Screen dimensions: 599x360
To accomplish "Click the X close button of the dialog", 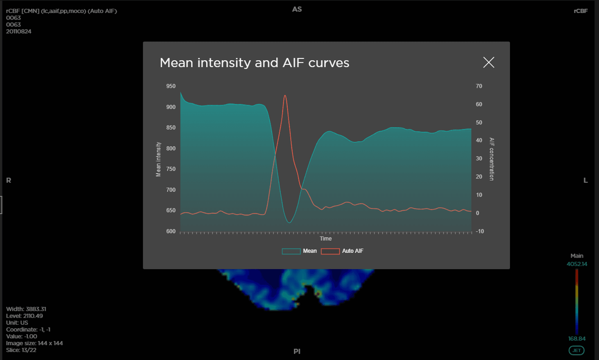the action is tap(488, 63).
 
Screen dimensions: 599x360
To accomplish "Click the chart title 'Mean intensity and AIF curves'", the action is tap(254, 63).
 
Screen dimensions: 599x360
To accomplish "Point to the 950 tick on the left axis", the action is tap(171, 86).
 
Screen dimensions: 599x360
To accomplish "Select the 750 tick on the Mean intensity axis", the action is tap(171, 169).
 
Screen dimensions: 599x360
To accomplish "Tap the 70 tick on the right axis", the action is tap(479, 86).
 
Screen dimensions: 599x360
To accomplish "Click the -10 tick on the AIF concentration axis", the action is tap(480, 231).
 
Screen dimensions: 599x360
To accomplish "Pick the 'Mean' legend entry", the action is tap(299, 251).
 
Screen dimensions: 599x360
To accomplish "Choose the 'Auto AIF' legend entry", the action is tap(342, 251).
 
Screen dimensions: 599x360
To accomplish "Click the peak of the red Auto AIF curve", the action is tap(285, 95).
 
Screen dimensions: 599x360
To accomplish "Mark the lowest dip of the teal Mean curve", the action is tap(289, 222).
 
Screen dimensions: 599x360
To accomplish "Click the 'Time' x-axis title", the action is tap(326, 238).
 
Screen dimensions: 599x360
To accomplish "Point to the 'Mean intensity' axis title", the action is tap(158, 159).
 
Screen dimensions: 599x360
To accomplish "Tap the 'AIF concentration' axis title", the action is tap(491, 159).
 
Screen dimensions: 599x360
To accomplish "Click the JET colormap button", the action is tap(577, 351).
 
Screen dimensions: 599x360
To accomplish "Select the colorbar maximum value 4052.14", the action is tap(577, 264).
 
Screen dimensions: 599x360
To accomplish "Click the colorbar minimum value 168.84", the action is tap(577, 339).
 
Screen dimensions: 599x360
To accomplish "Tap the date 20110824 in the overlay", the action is tap(19, 31).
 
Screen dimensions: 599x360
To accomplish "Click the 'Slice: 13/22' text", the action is tap(21, 350).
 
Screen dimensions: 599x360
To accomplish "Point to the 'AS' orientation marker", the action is tap(297, 9).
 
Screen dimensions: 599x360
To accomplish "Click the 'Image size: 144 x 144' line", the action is tap(34, 343).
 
